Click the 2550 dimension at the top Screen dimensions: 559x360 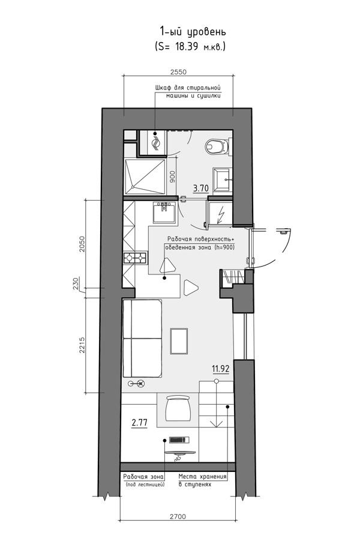[178, 71]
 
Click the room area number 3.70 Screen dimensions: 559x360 [200, 189]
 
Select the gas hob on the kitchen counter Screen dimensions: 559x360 [135, 258]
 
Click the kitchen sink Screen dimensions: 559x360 [164, 212]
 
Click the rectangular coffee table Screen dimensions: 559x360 [179, 341]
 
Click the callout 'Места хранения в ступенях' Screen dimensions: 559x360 [202, 480]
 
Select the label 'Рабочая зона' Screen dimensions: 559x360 [143, 477]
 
